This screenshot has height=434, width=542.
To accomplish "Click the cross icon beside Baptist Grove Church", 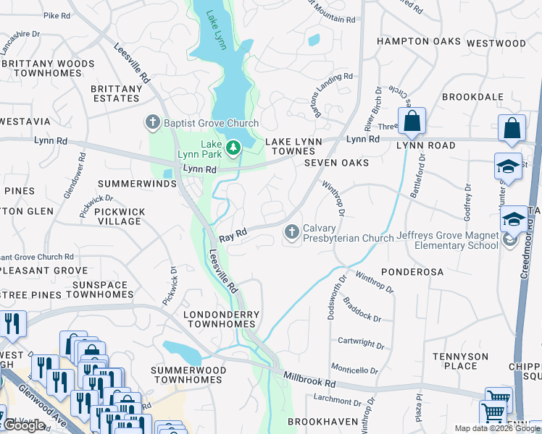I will tap(152, 122).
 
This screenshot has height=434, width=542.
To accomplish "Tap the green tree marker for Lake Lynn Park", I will tap(233, 149).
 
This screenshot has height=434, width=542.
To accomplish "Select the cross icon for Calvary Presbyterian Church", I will tap(291, 232).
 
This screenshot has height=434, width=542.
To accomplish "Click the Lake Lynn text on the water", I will tap(217, 30).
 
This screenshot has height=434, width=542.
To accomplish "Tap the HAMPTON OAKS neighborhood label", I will tap(419, 42).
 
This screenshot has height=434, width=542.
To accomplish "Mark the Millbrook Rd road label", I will tap(310, 378).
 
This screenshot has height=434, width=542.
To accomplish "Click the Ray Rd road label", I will tap(233, 235).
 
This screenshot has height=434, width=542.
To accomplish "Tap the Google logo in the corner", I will tap(25, 425).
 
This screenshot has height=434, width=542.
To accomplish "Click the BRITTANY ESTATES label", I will tap(117, 93).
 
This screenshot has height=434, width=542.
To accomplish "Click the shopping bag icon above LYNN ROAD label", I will tap(412, 122).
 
